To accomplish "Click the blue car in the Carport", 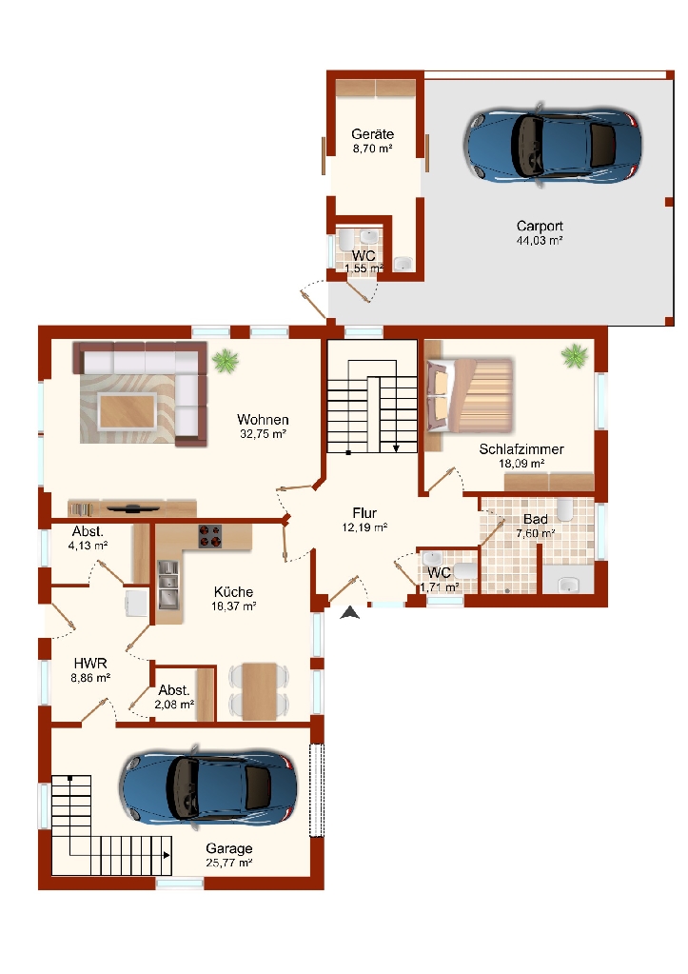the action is pyautogui.click(x=552, y=146).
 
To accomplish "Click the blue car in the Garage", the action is pyautogui.click(x=208, y=787).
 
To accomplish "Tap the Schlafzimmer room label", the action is pyautogui.click(x=521, y=449).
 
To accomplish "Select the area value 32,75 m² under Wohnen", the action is pyautogui.click(x=263, y=434).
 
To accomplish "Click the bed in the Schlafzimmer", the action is pyautogui.click(x=470, y=395).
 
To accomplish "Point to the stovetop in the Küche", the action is pyautogui.click(x=210, y=536).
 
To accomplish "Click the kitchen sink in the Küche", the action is pyautogui.click(x=167, y=585).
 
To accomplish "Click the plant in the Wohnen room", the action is pyautogui.click(x=225, y=360).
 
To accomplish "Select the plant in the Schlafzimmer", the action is pyautogui.click(x=575, y=356).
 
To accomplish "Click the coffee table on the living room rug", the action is pyautogui.click(x=128, y=411).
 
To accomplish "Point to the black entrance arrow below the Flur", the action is pyautogui.click(x=350, y=613).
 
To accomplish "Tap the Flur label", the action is pyautogui.click(x=364, y=513).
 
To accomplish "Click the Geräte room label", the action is pyautogui.click(x=373, y=134).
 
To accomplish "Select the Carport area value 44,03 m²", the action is pyautogui.click(x=540, y=240).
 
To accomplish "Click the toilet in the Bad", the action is pyautogui.click(x=565, y=509).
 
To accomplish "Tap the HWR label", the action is pyautogui.click(x=90, y=664).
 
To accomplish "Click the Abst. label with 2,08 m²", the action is pyautogui.click(x=174, y=690).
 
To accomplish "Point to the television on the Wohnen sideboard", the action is pyautogui.click(x=133, y=508).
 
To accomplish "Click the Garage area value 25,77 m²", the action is pyautogui.click(x=229, y=863).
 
